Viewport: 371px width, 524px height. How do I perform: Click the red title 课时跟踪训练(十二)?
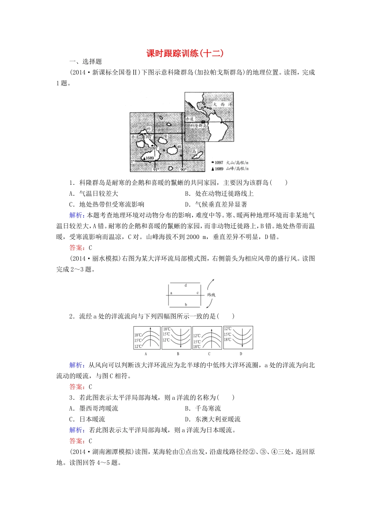point(185,53)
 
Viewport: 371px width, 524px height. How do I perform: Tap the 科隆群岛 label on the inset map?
point(198,126)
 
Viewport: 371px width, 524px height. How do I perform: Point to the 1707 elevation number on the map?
point(147,137)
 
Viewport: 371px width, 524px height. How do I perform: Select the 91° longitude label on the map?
point(156,170)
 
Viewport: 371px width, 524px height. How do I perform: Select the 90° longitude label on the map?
point(183,170)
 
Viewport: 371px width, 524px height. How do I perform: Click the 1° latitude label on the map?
point(132,161)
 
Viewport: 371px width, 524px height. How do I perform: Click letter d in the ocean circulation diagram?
point(185,285)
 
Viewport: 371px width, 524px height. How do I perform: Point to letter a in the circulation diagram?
point(171,293)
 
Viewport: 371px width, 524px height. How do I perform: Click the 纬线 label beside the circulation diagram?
point(211,295)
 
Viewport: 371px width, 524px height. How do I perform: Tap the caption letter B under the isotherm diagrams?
point(178,354)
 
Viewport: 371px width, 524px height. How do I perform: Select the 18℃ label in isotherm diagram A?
point(138,335)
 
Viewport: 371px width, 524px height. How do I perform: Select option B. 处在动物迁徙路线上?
point(219,193)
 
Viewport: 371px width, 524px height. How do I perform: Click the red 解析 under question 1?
point(76,215)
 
